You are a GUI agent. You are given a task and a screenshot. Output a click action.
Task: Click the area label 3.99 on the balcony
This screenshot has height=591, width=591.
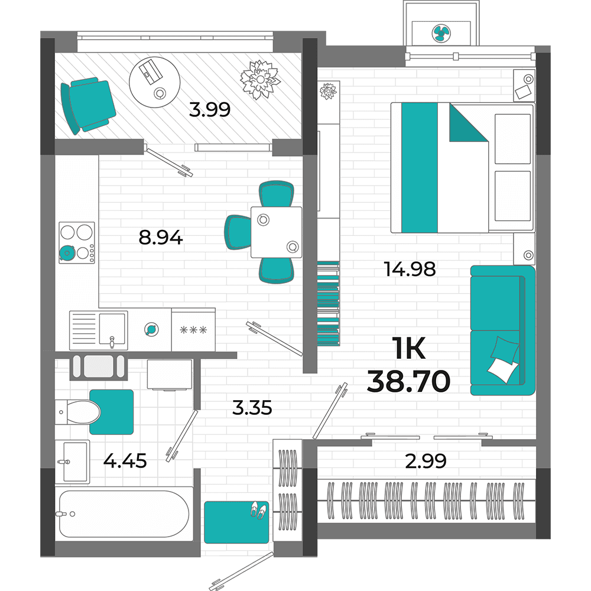click(210, 110)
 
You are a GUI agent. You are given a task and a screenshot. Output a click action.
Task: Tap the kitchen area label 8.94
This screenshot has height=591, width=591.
click(161, 238)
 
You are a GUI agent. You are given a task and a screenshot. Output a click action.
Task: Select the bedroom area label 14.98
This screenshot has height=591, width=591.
click(410, 269)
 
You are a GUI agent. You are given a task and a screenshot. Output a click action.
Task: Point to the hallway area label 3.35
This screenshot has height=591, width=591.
click(252, 408)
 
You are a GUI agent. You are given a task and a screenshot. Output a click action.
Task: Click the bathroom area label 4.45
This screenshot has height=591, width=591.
click(125, 460)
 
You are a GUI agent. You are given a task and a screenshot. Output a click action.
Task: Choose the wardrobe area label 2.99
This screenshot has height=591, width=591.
click(426, 460)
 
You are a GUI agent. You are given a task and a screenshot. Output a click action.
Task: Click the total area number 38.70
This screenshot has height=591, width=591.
click(408, 381)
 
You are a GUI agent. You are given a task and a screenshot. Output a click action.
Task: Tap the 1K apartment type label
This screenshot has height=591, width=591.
click(408, 348)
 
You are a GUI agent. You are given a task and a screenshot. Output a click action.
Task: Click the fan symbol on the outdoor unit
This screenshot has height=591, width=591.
click(441, 33)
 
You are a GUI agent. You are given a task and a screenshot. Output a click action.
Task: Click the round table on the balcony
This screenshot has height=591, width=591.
click(154, 82)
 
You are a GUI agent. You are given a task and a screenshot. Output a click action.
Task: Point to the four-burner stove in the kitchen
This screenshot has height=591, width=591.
click(77, 242)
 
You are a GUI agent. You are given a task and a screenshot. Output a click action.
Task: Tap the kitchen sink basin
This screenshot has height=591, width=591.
click(112, 329)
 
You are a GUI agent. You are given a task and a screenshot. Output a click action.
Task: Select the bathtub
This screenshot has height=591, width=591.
click(124, 514)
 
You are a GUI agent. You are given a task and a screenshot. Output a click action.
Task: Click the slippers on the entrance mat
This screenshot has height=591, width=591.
click(258, 510)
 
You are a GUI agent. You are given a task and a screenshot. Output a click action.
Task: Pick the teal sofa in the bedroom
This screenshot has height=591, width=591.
click(503, 330)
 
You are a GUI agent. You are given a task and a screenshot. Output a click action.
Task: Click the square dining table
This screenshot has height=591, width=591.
click(276, 232)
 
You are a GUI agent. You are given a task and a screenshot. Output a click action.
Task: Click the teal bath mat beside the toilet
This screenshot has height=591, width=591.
click(112, 412)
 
